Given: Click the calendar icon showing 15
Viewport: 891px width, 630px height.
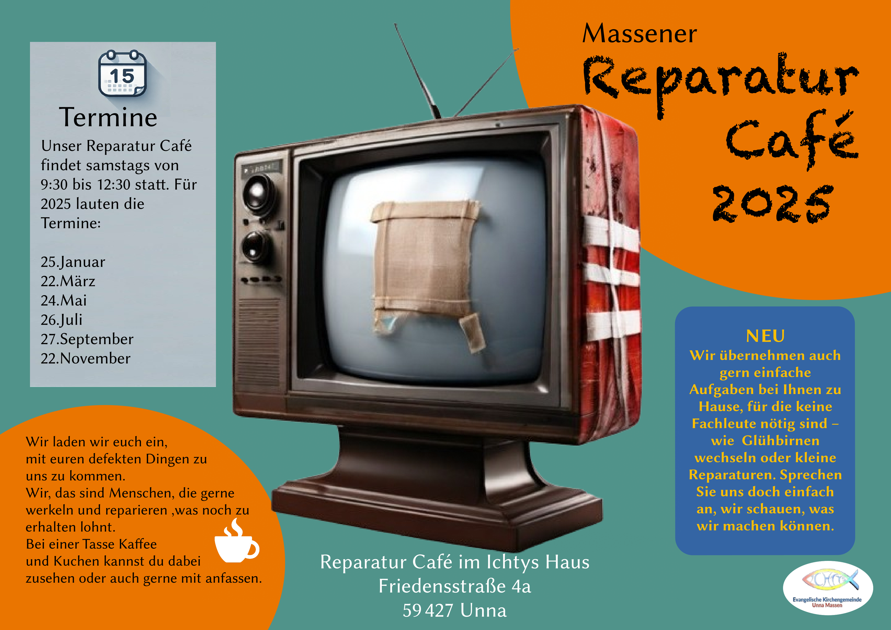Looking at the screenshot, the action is tap(122, 73).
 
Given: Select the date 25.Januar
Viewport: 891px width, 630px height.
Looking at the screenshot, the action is tap(73, 262).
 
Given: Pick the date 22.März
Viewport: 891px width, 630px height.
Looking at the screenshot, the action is tap(68, 281).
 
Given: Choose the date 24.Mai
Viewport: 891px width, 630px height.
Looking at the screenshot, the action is tap(64, 301).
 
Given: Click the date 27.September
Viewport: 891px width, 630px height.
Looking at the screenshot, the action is tap(87, 339).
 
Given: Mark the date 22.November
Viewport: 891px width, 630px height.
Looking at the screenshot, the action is tap(85, 358).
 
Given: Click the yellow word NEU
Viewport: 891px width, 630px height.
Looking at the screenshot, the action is tap(765, 336).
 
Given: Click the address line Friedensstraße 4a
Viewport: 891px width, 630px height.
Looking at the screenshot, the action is tap(455, 586).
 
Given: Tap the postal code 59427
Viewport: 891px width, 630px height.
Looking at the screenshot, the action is tap(428, 611).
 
